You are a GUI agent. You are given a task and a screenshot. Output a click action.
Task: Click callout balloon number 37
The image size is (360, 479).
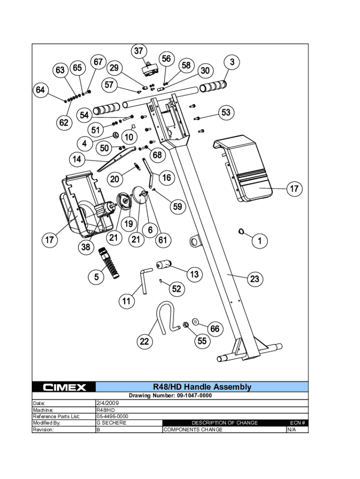point(138,51)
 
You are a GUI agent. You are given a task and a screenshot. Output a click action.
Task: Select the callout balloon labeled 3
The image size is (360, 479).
point(232,62)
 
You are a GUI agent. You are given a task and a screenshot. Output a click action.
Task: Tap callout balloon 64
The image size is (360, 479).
point(40,90)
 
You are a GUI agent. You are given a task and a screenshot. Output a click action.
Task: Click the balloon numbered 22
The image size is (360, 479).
point(145,341)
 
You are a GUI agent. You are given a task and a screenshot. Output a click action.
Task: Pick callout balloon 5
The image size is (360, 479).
point(96,277)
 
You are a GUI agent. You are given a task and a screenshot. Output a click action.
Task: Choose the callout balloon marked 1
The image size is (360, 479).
point(259,241)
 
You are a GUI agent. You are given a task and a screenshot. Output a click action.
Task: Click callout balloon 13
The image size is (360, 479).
point(194,274)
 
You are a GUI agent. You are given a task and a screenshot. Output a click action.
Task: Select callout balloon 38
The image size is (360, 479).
point(86,247)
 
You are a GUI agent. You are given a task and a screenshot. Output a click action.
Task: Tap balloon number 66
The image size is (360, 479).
point(214,329)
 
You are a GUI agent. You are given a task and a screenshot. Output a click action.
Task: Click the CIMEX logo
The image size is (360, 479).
point(64,387)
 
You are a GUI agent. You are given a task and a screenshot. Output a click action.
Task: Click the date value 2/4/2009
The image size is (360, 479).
point(108,403)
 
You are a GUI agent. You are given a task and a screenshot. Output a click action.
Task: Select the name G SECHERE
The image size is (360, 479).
point(111,423)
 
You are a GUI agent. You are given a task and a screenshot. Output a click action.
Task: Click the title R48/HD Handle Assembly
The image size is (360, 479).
point(202,387)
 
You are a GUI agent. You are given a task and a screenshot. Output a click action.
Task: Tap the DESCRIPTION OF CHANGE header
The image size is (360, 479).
point(224,423)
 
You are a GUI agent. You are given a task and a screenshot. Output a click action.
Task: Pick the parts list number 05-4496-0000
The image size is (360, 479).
point(112,416)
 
